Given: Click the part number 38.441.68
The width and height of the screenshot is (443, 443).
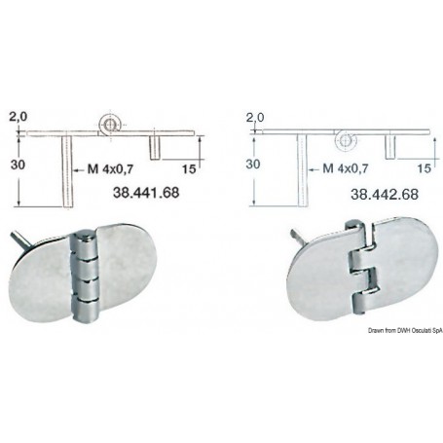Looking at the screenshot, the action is coord(146,193).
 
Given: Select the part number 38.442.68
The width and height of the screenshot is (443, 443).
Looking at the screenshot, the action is coord(385,194).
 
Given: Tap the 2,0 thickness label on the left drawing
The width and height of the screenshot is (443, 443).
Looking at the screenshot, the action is coord(18,117).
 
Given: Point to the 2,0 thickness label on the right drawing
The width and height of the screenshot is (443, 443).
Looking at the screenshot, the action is coord(255,118).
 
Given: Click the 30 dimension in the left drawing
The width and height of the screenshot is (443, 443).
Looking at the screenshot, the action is coord(18,165).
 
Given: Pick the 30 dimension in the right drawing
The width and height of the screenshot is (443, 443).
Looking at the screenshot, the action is coord(253,165).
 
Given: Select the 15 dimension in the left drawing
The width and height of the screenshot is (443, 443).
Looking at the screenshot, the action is coord(189,169).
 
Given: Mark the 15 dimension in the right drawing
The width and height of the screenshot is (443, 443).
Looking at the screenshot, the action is coord(424,168).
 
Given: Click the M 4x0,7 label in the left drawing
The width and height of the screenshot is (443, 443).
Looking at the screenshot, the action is coord(110,169).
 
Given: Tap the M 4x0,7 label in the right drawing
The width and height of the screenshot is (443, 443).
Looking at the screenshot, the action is coord(346,168).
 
